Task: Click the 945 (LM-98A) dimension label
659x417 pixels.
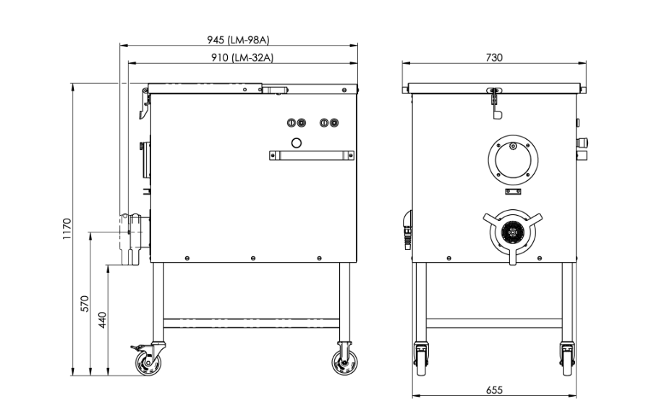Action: [238, 40]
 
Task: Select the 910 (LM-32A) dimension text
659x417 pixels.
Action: [242, 58]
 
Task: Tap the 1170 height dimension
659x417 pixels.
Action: [67, 229]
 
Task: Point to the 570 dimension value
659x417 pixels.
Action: [85, 303]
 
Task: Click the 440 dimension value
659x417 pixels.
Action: [103, 320]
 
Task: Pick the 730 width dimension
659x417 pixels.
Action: [494, 58]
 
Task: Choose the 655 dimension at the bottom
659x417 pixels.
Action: [494, 390]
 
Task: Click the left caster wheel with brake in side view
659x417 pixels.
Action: [148, 362]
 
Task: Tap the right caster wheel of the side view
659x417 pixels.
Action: [344, 362]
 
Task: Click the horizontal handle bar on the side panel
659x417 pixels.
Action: [312, 156]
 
